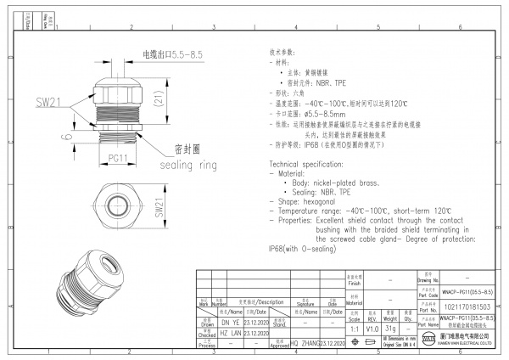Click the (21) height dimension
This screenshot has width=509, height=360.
coord(159,104)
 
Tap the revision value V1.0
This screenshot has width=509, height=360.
coord(372,327)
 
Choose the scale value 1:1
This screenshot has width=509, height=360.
coord(352,327)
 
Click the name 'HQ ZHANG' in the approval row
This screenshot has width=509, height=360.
coord(304,343)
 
